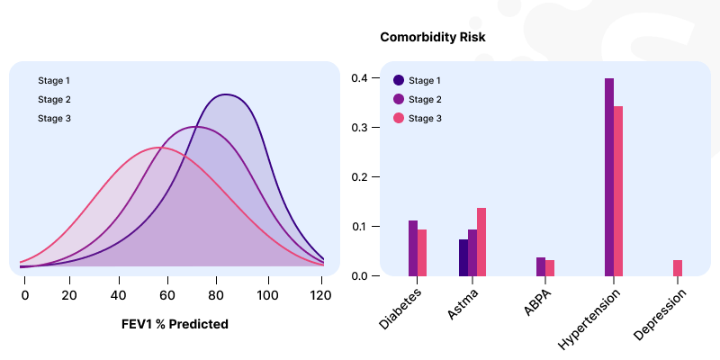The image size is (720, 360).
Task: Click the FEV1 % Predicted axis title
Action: [175, 324]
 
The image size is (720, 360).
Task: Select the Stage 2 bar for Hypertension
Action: [609, 177]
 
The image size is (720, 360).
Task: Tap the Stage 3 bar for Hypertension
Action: [618, 191]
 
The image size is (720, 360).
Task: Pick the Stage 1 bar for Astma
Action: [463, 257]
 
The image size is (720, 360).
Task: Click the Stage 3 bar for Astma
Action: [481, 241]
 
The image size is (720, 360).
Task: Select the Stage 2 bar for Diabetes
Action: [413, 248]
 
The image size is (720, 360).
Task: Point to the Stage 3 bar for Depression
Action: [678, 268]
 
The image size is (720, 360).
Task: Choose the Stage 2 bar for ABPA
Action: [541, 266]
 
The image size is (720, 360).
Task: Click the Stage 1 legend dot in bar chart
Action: [399, 80]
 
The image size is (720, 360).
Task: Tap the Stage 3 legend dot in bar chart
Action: [399, 118]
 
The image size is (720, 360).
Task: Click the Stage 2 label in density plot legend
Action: [54, 100]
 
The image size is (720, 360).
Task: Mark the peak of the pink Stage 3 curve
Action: [159, 147]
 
